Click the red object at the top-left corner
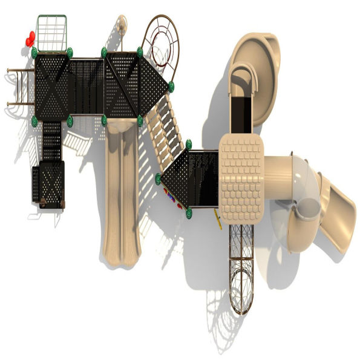30,39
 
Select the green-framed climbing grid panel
51,33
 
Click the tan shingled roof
241,178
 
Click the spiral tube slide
296,194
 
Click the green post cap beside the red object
34,52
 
